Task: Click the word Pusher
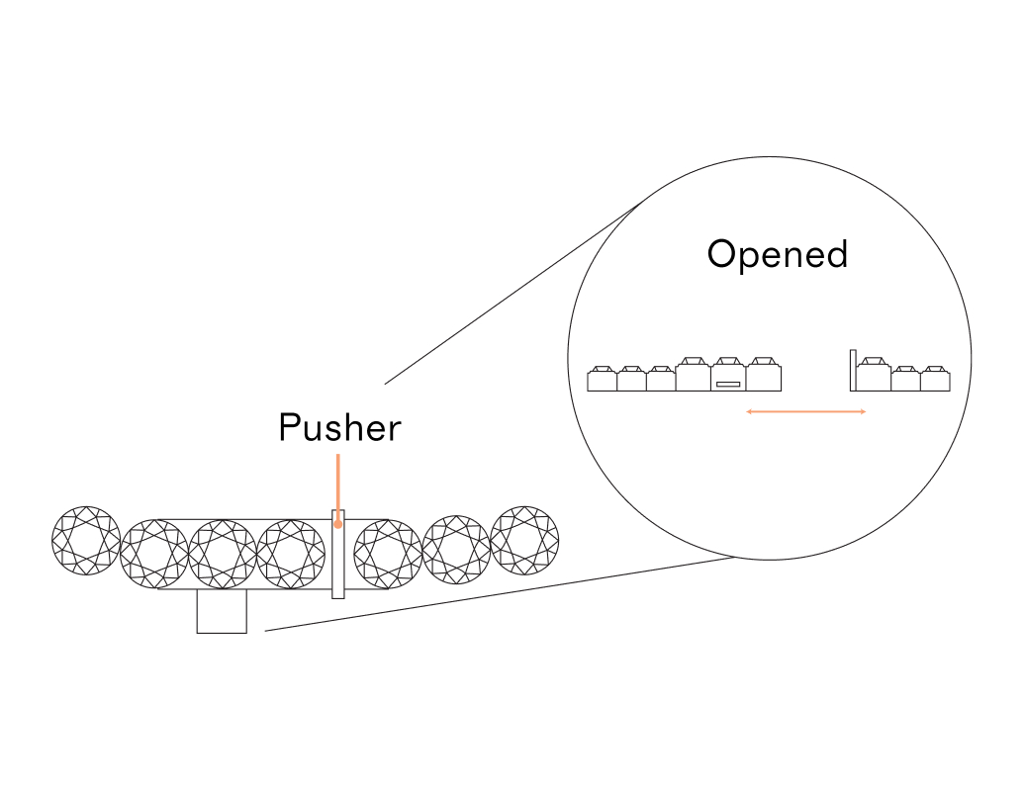pos(339,428)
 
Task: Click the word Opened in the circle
pos(778,255)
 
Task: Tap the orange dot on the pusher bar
pos(338,524)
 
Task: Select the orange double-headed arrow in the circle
pos(806,410)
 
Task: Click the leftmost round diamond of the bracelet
pos(86,541)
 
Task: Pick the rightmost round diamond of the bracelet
pos(524,541)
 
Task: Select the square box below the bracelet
pos(222,612)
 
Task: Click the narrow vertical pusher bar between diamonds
pos(338,564)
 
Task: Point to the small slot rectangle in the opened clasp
pos(728,384)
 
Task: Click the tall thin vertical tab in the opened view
pos(852,370)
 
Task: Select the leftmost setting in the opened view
pos(602,379)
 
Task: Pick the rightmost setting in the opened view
pos(935,379)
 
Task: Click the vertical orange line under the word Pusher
pos(338,484)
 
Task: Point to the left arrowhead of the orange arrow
pos(749,410)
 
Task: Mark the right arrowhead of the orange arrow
pos(864,410)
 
